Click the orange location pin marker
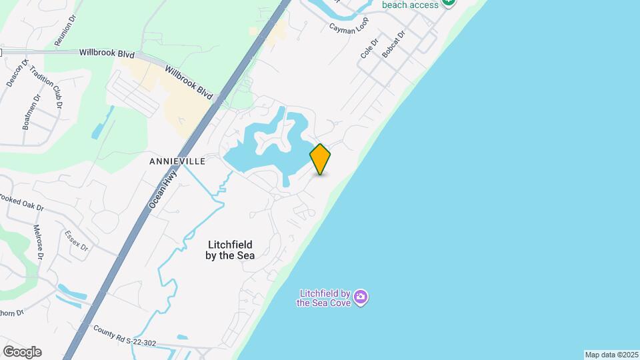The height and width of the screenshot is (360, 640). click(x=320, y=159)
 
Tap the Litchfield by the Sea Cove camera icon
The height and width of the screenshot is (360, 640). click(x=361, y=296)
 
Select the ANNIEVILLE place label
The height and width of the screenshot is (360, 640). click(x=177, y=161)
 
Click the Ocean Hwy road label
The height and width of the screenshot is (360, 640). click(x=163, y=189)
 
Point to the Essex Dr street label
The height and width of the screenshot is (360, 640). click(x=77, y=240)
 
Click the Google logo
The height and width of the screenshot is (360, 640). click(x=22, y=351)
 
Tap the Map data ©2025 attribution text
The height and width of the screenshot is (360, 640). click(x=611, y=354)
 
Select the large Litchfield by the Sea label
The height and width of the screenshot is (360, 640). click(x=230, y=249)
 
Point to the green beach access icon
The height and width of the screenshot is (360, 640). click(x=449, y=3)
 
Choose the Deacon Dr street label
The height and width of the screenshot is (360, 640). click(x=18, y=73)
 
